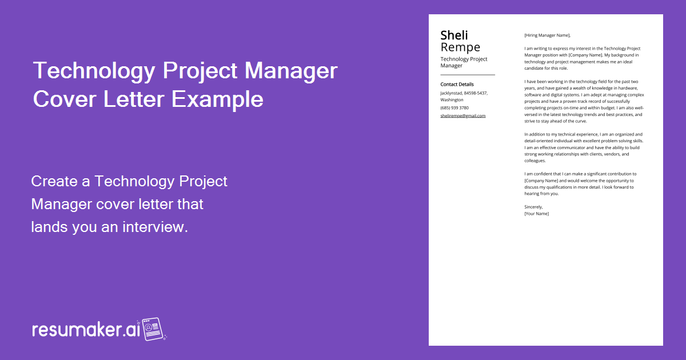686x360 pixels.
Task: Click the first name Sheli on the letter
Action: pyautogui.click(x=454, y=35)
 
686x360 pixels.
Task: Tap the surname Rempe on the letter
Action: pyautogui.click(x=460, y=47)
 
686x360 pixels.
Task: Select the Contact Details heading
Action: pyautogui.click(x=457, y=85)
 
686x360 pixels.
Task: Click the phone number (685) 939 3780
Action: pyautogui.click(x=454, y=107)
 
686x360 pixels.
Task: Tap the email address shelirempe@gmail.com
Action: pyautogui.click(x=462, y=115)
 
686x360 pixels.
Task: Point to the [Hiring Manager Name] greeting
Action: pyautogui.click(x=547, y=35)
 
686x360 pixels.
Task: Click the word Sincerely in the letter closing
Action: pyautogui.click(x=533, y=206)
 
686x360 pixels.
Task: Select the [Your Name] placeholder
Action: pyautogui.click(x=536, y=214)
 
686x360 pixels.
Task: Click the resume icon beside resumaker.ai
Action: pyautogui.click(x=152, y=329)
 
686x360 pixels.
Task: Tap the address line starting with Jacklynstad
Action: pyautogui.click(x=464, y=93)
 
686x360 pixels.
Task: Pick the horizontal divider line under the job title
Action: pyautogui.click(x=467, y=75)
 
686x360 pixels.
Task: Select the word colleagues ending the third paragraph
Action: pyautogui.click(x=535, y=161)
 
